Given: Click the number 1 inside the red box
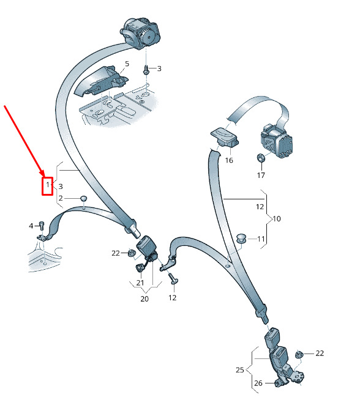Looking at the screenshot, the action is (48, 185).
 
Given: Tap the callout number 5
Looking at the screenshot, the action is (127, 64).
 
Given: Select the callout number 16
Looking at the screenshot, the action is (229, 160).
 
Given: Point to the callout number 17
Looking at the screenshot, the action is (261, 175).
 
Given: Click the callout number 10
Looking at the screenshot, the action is (277, 218).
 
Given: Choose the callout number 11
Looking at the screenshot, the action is (261, 239).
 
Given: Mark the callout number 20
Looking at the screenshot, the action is (144, 299).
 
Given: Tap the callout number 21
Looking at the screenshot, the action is (140, 283).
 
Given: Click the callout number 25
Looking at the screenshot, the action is (240, 370).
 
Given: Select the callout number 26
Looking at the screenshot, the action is (258, 383).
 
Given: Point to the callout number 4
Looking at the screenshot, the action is (31, 226).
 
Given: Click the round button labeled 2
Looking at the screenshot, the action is (83, 198).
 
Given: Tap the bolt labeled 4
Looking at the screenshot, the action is (42, 226).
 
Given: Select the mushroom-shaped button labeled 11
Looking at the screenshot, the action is (241, 238).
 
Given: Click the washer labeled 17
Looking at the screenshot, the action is (261, 158).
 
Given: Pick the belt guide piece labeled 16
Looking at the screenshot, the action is (225, 137).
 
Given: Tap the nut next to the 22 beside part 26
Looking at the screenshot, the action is (299, 355).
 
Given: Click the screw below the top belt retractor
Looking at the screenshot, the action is (146, 70).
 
